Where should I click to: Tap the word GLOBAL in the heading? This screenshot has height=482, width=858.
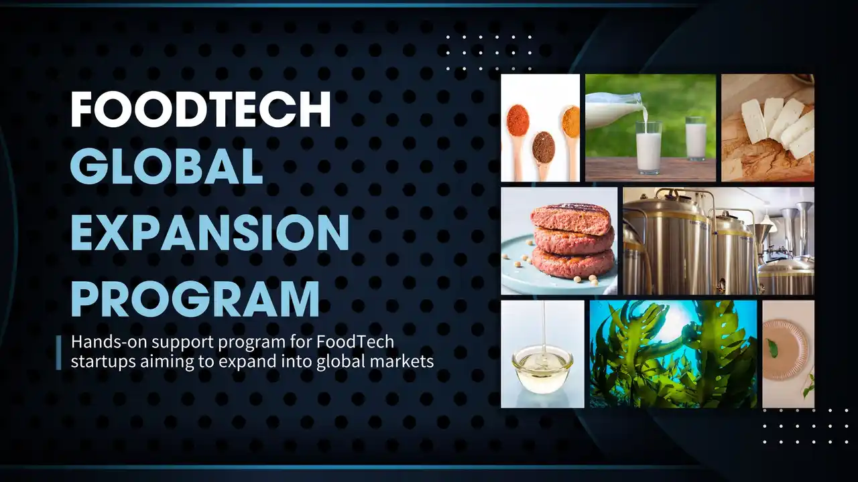[166, 167]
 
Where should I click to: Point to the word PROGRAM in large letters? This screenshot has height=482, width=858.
[195, 299]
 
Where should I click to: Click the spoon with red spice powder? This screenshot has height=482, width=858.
[517, 120]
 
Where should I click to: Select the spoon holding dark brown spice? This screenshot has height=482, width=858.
[543, 147]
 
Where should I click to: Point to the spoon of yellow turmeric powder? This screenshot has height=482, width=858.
[570, 122]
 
